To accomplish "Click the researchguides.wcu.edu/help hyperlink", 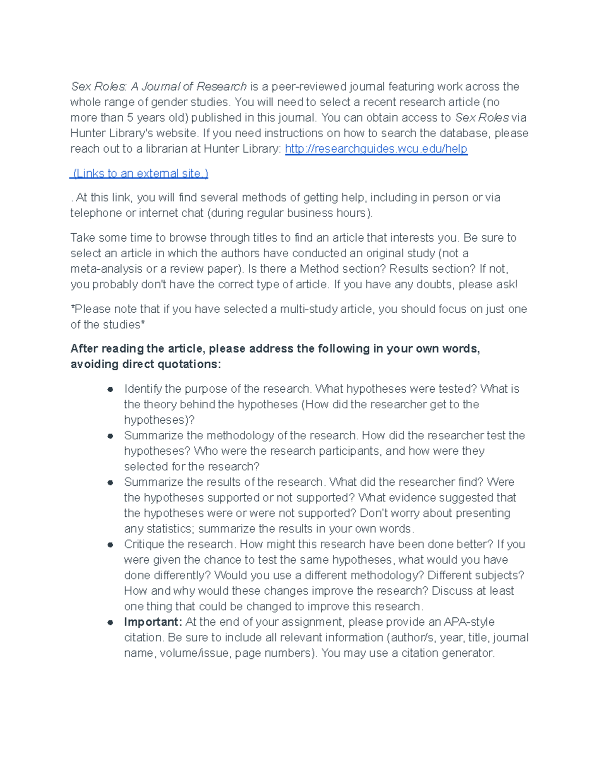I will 376,149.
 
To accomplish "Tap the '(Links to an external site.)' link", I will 139,173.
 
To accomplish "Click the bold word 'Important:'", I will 153,622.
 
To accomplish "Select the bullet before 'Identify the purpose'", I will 110,389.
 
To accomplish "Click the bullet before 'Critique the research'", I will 110,544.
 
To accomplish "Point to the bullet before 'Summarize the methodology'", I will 110,436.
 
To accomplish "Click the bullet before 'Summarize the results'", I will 110,482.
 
